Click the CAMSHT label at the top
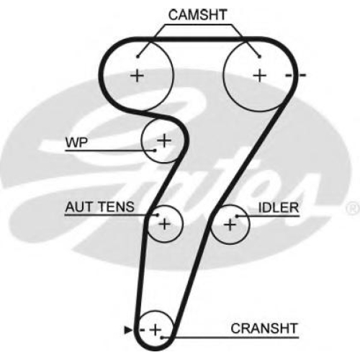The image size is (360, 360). pos(197,15)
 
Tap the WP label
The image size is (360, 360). pos(77,143)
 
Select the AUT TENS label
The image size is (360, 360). pos(100,207)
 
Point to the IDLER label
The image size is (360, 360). pos(279,207)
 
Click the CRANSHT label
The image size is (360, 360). pos(264,328)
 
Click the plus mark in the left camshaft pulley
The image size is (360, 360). pos(137,76)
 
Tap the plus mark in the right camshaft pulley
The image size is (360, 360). pos(260,76)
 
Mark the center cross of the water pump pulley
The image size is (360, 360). pos(164,140)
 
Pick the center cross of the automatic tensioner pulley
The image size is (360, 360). pos(164,224)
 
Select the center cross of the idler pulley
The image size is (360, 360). pos(230,225)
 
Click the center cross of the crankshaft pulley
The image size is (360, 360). pos(156,330)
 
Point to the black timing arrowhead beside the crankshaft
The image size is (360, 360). pos(128,330)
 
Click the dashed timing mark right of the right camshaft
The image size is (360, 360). pos(296,76)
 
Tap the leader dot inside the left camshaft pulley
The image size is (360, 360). pos(138,57)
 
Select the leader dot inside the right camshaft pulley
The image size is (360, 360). pos(259,57)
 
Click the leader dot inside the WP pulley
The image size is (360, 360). pos(155,150)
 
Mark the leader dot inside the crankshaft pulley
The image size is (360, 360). pos(162,338)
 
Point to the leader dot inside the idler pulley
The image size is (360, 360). pos(237,216)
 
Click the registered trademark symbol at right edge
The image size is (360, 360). pos(353,209)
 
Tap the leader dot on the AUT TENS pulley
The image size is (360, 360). pos(158,215)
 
